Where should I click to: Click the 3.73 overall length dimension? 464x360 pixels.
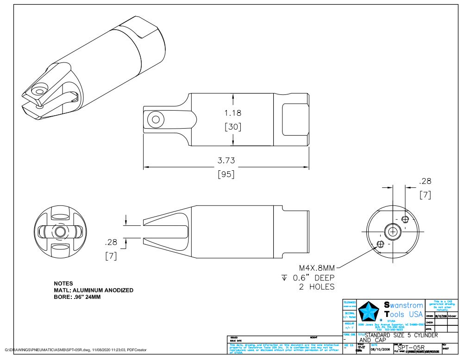226,161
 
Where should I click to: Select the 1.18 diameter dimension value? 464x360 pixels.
232,112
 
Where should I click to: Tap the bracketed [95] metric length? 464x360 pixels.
226,174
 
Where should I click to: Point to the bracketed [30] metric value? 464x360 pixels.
232,126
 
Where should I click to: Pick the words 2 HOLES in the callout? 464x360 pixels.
315,287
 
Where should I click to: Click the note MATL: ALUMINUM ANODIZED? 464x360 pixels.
94,290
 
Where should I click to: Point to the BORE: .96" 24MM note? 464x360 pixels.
77,297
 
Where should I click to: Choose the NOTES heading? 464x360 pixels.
63,283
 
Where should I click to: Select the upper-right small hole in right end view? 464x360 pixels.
405,218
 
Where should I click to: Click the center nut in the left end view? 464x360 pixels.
59,231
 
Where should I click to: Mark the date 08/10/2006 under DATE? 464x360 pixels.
380,350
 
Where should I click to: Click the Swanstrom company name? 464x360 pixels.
403,305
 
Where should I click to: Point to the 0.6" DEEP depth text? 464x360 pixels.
313,278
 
